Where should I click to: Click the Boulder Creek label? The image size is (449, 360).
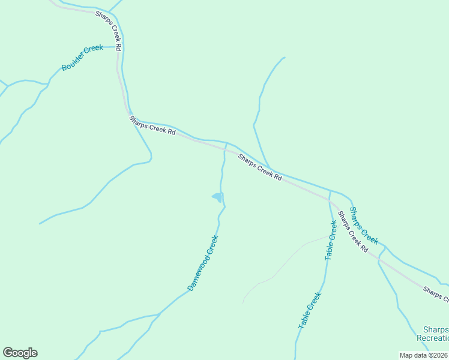pyautogui.click(x=82, y=58)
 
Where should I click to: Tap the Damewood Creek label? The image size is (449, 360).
pyautogui.click(x=203, y=263)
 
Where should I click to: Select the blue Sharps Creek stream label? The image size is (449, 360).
pyautogui.click(x=364, y=226)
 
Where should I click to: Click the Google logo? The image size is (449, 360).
pyautogui.click(x=20, y=353)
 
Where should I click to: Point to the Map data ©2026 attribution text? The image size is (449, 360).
pyautogui.click(x=423, y=355)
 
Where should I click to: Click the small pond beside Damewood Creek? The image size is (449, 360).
pyautogui.click(x=217, y=197)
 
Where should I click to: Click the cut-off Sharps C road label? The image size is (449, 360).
pyautogui.click(x=435, y=293)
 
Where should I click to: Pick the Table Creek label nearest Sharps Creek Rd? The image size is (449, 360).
pyautogui.click(x=331, y=240)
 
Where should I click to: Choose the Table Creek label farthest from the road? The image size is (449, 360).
pyautogui.click(x=310, y=310)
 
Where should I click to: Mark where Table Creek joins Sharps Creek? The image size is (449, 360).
pyautogui.click(x=330, y=191)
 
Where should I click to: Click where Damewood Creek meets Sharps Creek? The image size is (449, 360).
pyautogui.click(x=226, y=144)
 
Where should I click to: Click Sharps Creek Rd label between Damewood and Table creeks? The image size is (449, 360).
pyautogui.click(x=259, y=167)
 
